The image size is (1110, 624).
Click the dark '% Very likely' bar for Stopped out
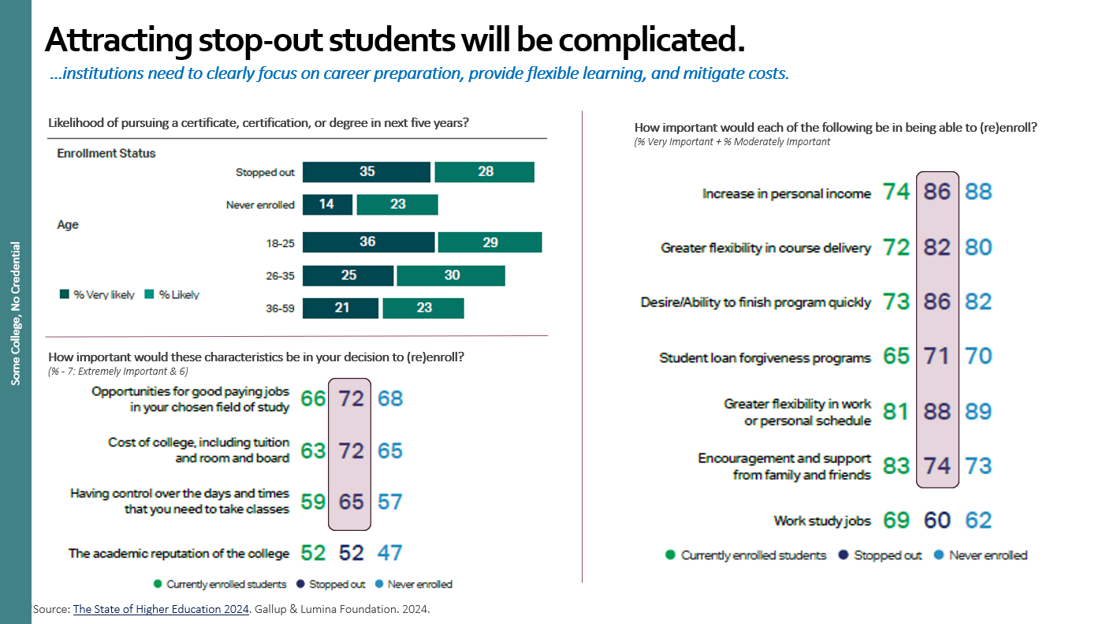tap(367, 172)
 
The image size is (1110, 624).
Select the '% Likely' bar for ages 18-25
tap(490, 242)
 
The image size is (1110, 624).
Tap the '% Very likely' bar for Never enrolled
tap(326, 204)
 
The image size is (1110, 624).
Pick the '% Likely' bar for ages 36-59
tap(423, 308)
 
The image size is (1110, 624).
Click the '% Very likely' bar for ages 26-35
tap(348, 275)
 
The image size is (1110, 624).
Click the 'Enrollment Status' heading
tap(106, 153)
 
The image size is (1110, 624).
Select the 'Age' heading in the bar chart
tap(68, 225)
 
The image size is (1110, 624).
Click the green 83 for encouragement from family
tap(896, 465)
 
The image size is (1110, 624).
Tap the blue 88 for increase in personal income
tap(978, 192)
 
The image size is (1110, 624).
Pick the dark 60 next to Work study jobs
tap(937, 521)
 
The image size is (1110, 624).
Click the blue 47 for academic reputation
tap(389, 553)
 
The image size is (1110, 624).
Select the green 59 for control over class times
tap(313, 501)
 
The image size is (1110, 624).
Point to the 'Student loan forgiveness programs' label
tap(765, 358)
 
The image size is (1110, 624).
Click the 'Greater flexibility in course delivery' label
tap(765, 248)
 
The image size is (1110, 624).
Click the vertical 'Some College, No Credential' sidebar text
tap(16, 314)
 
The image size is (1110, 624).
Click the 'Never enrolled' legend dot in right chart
tap(940, 555)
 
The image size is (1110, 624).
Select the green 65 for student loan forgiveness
tap(896, 356)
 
